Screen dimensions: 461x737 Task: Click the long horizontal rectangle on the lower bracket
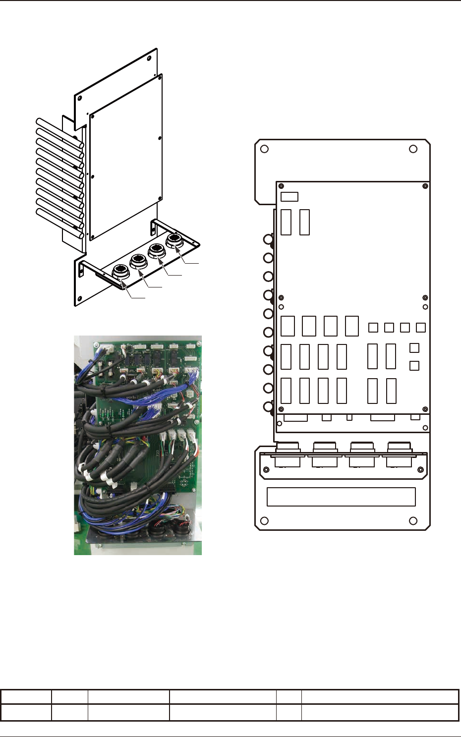click(341, 497)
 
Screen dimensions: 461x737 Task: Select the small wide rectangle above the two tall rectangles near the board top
click(289, 197)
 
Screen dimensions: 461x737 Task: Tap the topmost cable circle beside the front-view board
click(268, 240)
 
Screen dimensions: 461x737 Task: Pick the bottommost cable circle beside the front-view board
click(268, 407)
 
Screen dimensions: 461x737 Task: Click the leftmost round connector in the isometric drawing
click(120, 272)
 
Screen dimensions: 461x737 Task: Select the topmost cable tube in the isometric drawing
click(59, 132)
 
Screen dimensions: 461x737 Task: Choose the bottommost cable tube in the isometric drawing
click(59, 222)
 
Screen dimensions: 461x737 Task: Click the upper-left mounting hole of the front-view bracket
click(265, 149)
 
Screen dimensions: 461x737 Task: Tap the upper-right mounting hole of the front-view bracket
click(413, 149)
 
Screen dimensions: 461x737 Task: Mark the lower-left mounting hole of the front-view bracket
click(265, 521)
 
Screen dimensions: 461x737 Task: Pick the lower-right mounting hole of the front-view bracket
click(413, 521)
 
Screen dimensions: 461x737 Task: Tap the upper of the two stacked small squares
click(414, 348)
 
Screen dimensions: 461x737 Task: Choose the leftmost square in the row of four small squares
click(374, 328)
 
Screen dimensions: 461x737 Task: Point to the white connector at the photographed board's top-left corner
click(107, 347)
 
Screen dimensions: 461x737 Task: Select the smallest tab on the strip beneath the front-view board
click(349, 417)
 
